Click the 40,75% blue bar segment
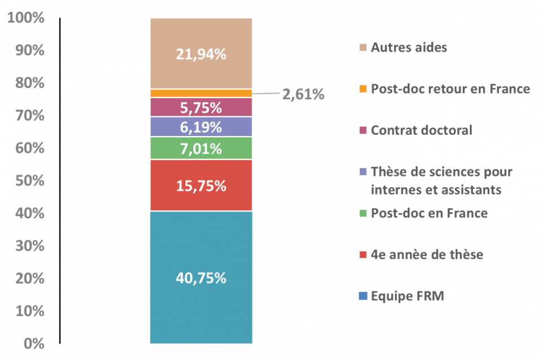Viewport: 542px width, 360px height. click(x=201, y=278)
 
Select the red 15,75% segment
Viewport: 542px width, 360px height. click(x=201, y=186)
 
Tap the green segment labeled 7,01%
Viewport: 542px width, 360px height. click(x=201, y=148)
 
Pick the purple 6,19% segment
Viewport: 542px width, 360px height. click(x=201, y=128)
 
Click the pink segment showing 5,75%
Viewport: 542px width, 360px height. click(x=201, y=107)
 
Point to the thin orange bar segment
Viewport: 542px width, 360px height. click(x=201, y=93)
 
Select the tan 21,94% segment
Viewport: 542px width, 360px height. click(x=201, y=54)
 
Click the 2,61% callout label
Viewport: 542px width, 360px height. click(x=303, y=95)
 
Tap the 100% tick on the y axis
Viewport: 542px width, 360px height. click(x=26, y=18)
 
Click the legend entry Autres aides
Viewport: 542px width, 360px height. click(x=409, y=47)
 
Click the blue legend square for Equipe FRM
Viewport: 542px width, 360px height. click(x=363, y=296)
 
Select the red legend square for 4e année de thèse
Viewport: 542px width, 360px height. click(x=363, y=254)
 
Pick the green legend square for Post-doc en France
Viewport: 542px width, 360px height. click(x=363, y=213)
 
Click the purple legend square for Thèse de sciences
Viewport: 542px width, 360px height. click(x=363, y=172)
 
